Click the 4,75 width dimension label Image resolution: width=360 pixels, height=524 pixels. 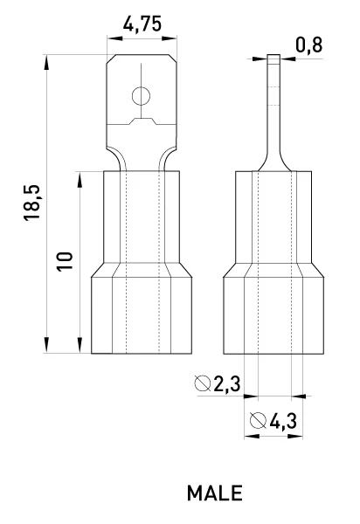[142, 24]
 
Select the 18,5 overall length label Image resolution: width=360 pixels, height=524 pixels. [32, 203]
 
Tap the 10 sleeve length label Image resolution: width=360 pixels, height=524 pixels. [65, 261]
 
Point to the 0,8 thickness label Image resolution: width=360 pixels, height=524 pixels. [309, 45]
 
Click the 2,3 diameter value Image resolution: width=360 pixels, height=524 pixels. [227, 383]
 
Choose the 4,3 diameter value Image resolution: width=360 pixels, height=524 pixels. [283, 421]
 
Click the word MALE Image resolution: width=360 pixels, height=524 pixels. [215, 493]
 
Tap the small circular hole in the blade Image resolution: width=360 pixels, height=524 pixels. [141, 96]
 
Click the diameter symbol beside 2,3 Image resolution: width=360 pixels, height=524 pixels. [203, 383]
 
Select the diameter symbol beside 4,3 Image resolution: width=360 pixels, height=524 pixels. [259, 421]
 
